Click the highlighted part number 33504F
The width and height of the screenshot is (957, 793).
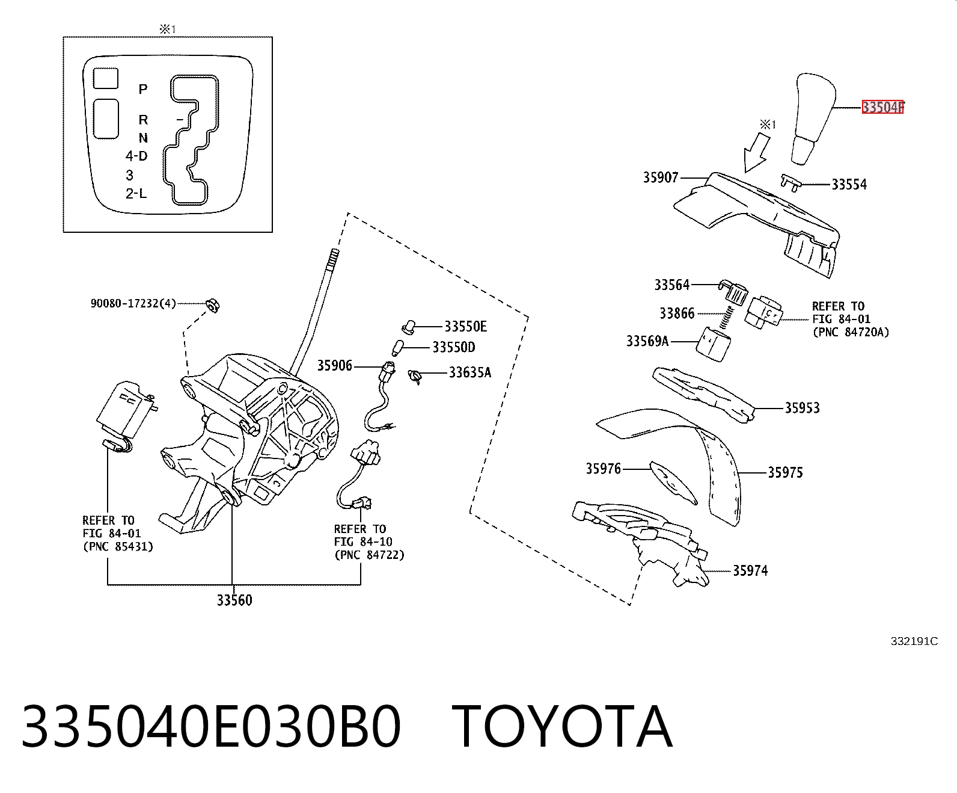(882, 107)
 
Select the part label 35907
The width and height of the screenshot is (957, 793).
(661, 177)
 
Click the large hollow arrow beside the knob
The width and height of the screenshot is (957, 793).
(756, 152)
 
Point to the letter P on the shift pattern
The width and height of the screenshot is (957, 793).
(143, 89)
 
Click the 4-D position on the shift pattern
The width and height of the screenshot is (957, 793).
(136, 156)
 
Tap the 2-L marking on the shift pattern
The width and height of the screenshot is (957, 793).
(136, 194)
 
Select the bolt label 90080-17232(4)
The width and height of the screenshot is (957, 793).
(133, 303)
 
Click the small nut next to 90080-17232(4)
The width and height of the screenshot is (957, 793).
(213, 304)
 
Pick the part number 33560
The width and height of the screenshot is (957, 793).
(234, 600)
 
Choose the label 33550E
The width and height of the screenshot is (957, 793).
(466, 326)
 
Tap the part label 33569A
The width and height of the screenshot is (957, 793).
(647, 341)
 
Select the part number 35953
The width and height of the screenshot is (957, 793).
(802, 407)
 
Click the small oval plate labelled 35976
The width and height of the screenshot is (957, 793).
(673, 482)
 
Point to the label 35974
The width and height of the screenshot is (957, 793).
(750, 570)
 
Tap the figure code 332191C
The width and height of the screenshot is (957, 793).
(914, 641)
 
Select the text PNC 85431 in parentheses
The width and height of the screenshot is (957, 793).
(118, 546)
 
